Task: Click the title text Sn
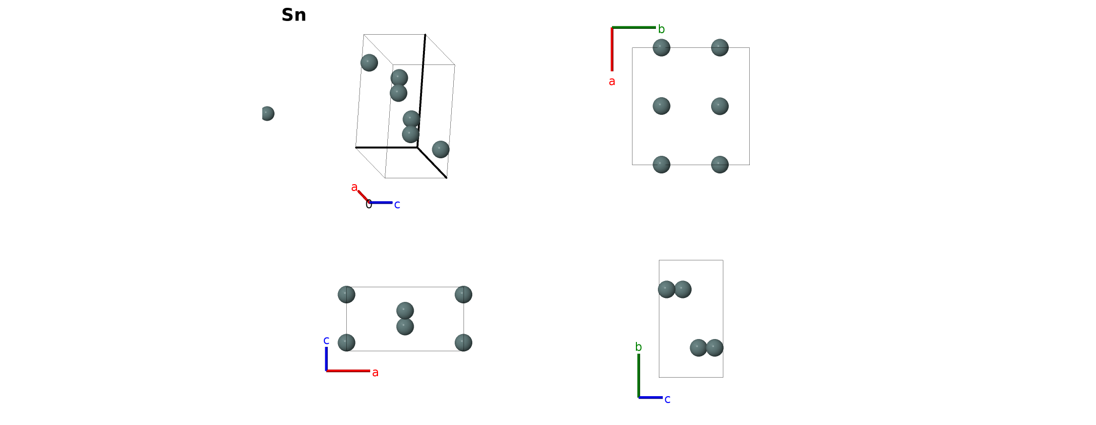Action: click(x=294, y=15)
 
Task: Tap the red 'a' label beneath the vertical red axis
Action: click(x=612, y=82)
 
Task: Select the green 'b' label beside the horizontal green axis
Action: click(x=661, y=29)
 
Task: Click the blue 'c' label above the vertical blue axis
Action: click(x=326, y=340)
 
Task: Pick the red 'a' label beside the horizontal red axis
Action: click(x=375, y=373)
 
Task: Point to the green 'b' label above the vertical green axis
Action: click(x=638, y=347)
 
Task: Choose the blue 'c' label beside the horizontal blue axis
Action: click(x=667, y=400)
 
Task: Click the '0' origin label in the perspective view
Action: click(x=369, y=205)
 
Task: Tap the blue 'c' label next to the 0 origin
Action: click(x=397, y=205)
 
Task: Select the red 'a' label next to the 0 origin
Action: click(x=354, y=188)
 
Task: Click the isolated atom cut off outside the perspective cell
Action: click(x=268, y=113)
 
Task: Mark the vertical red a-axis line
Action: click(x=612, y=49)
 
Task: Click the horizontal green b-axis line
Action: click(x=634, y=27)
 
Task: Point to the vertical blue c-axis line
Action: click(x=326, y=359)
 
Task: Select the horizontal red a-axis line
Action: click(x=348, y=371)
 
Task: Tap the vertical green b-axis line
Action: click(x=638, y=376)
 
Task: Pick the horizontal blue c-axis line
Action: click(x=651, y=398)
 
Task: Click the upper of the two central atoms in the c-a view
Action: click(x=405, y=311)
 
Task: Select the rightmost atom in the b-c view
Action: click(x=715, y=348)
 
